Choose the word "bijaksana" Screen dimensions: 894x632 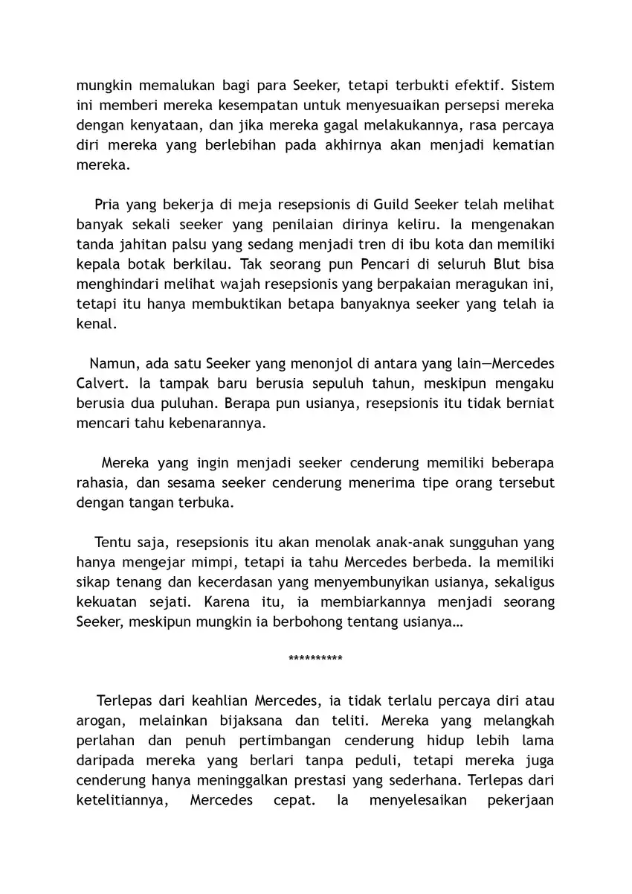pyautogui.click(x=242, y=721)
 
